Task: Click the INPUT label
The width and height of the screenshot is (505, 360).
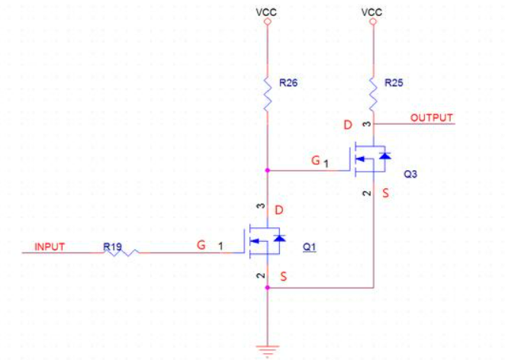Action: (x=49, y=247)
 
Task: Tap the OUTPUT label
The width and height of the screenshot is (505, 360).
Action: (x=432, y=118)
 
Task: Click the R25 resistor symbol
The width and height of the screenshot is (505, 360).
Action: (x=374, y=90)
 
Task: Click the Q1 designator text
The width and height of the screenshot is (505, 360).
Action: (x=310, y=247)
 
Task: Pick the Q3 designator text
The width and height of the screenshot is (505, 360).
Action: (x=410, y=174)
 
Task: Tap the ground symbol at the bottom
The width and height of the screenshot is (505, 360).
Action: (x=267, y=351)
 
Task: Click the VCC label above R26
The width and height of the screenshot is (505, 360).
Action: (x=267, y=11)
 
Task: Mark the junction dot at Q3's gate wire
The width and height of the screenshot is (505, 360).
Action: (x=267, y=171)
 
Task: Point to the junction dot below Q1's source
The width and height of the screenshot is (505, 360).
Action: (x=267, y=288)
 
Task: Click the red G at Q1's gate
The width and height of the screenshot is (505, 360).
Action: (x=201, y=246)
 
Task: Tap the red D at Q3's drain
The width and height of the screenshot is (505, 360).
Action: (x=348, y=124)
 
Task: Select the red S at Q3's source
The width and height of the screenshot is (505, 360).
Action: (x=386, y=194)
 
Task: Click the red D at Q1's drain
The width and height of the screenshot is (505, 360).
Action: (x=281, y=210)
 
